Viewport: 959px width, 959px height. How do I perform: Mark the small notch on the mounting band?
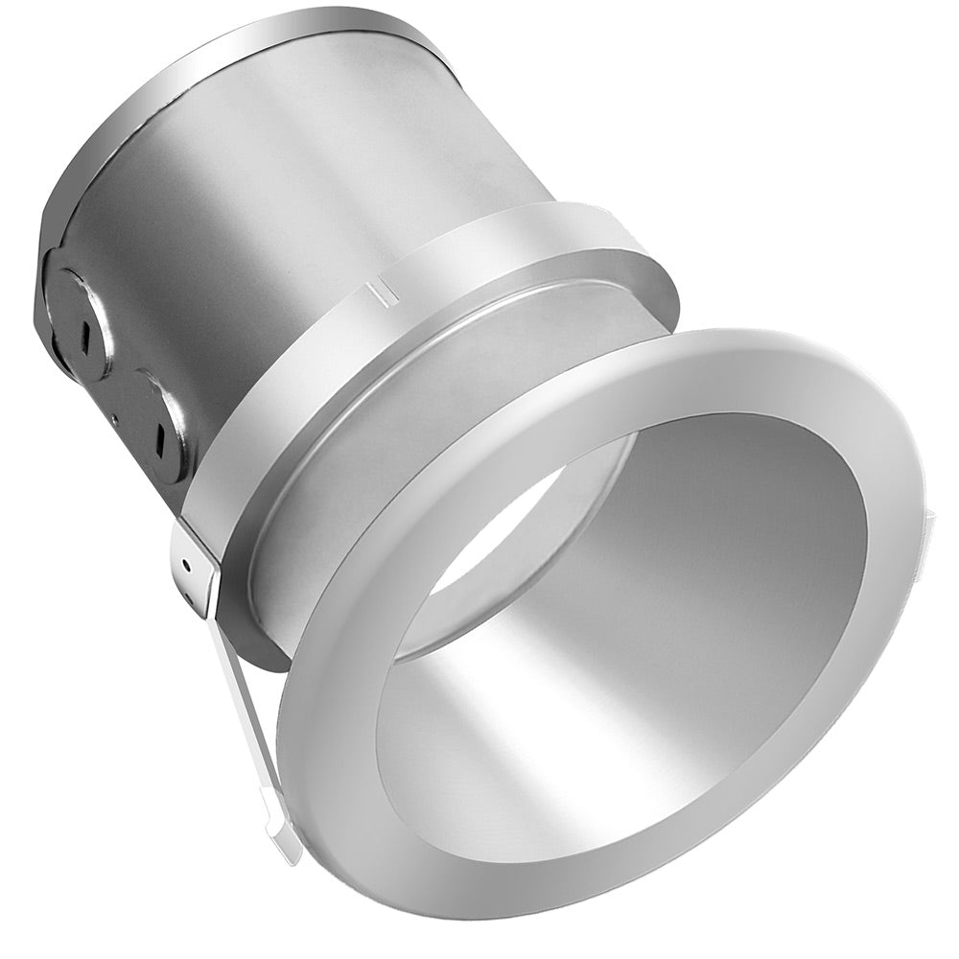385,289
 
